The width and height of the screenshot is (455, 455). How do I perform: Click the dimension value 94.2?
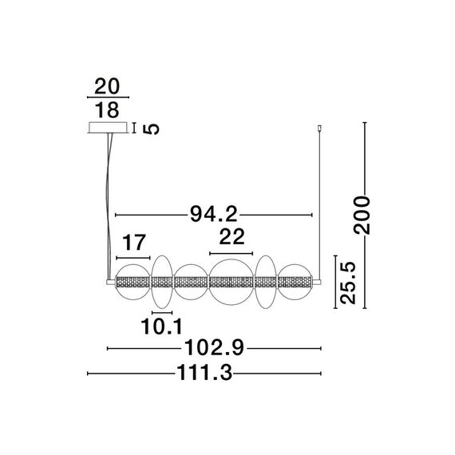tap(214, 214)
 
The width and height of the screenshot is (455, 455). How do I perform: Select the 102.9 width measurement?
tap(214, 347)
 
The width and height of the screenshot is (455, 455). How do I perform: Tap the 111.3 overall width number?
tap(204, 373)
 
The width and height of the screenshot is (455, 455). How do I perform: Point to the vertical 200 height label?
tap(362, 215)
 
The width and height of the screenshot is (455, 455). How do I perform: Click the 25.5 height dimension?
tap(348, 283)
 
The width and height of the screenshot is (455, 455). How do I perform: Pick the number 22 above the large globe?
tap(231, 237)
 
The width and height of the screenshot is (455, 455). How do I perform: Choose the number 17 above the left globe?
tap(133, 243)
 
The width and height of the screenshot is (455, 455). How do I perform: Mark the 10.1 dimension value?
tap(161, 326)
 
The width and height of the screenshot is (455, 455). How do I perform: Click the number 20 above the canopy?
tap(107, 86)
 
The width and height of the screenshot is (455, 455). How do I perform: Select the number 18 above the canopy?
tap(107, 110)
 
